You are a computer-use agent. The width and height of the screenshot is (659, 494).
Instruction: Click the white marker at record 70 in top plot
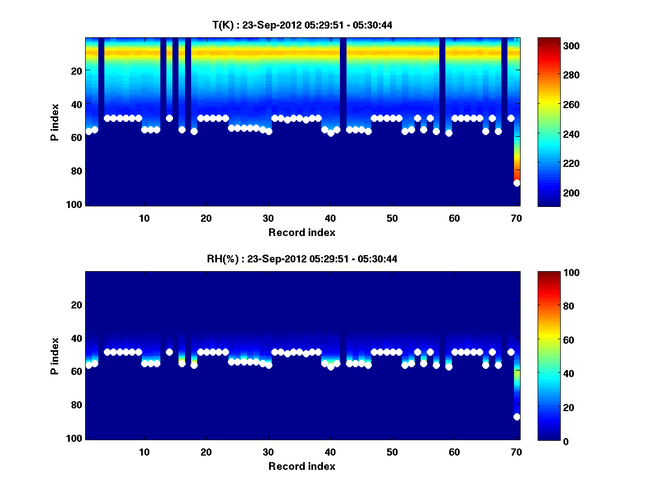(517, 183)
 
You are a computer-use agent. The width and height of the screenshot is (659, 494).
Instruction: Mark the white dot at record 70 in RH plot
(517, 417)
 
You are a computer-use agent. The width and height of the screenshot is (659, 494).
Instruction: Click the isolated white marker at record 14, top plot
(169, 118)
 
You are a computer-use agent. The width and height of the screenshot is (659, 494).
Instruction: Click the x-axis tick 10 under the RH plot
(144, 452)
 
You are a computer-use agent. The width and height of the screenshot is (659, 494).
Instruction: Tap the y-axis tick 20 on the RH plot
(77, 305)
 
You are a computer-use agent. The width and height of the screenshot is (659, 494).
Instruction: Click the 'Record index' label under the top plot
(301, 232)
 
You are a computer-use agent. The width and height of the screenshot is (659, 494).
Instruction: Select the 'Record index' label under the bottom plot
(301, 466)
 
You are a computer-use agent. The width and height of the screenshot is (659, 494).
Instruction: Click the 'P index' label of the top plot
(55, 122)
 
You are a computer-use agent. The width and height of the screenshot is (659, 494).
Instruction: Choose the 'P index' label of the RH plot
(55, 356)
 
